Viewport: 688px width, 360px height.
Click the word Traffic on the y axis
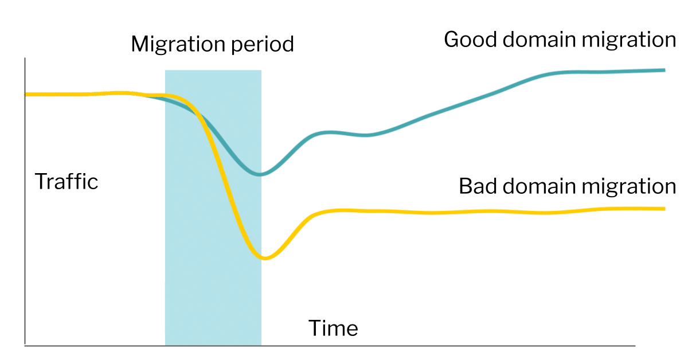point(67,182)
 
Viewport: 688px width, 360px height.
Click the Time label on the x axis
point(333,328)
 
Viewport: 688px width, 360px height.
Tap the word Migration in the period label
point(178,45)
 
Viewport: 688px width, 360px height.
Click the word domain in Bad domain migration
point(541,186)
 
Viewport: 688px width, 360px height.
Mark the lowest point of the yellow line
point(264,258)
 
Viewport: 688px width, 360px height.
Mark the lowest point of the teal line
point(260,174)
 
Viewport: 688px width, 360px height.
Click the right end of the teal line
point(664,70)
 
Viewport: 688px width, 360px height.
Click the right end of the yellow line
point(664,209)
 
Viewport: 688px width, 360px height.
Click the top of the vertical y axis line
point(25,59)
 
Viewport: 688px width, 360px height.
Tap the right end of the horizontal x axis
point(634,346)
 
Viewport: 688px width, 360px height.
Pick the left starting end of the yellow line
point(26,94)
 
